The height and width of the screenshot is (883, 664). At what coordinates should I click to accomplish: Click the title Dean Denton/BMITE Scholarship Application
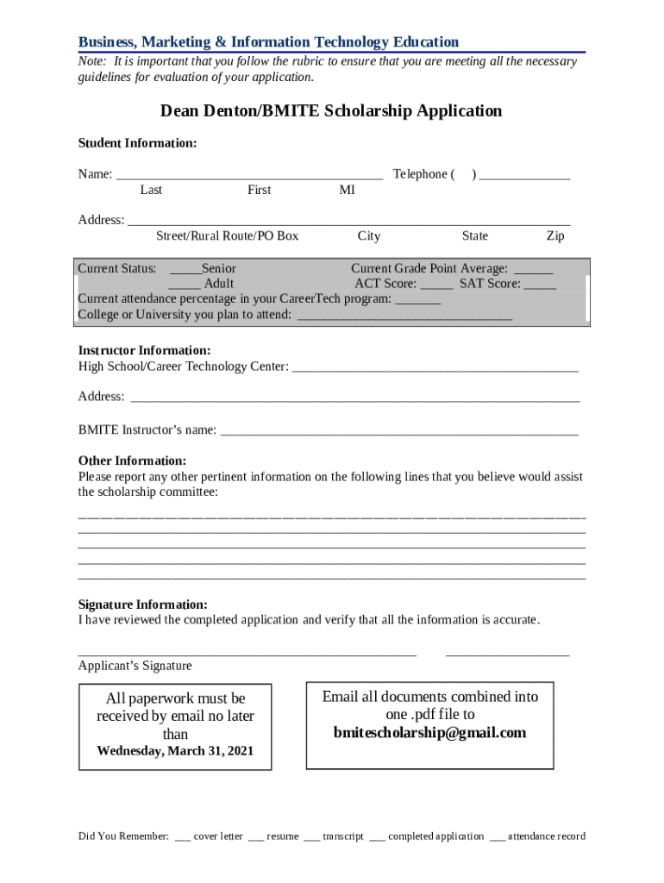tap(331, 111)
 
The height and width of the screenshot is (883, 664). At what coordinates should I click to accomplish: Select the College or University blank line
tap(404, 316)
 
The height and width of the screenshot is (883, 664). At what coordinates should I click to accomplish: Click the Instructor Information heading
tap(144, 351)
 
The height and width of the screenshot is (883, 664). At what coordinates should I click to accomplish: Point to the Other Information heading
tap(132, 461)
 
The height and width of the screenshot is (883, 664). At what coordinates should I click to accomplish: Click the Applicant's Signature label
tap(135, 666)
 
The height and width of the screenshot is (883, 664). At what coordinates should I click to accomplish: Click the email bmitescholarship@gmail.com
tap(429, 733)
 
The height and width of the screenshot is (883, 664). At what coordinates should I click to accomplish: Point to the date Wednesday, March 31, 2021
tap(175, 751)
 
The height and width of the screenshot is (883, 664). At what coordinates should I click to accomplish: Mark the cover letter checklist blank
tap(183, 837)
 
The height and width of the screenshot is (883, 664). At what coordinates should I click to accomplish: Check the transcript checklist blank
tap(311, 837)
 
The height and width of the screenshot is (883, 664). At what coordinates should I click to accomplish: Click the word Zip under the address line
tap(555, 236)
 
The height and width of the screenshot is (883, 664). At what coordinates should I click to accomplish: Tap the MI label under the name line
tap(347, 190)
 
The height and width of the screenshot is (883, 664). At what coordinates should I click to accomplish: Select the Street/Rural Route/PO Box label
tap(227, 236)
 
